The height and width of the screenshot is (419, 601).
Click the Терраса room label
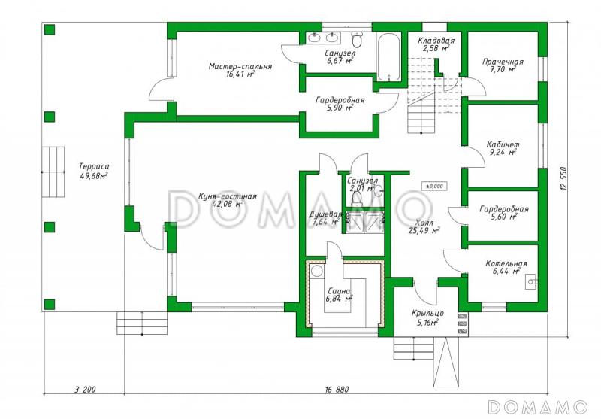(94, 166)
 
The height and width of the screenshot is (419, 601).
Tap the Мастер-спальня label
(240, 66)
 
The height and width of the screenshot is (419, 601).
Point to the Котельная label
(506, 263)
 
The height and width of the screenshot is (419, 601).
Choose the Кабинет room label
(503, 144)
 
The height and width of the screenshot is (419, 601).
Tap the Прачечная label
(503, 62)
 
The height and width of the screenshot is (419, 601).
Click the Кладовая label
(436, 41)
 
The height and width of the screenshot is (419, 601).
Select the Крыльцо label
(427, 314)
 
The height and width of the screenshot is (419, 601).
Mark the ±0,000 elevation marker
(434, 186)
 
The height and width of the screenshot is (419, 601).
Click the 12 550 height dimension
(563, 180)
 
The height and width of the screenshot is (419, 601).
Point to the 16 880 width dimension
(337, 390)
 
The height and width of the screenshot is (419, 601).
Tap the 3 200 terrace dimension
(85, 390)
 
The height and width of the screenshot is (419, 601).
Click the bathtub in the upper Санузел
(388, 56)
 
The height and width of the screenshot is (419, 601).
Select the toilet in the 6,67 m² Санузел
(357, 39)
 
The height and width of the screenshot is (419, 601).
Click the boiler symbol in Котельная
(532, 281)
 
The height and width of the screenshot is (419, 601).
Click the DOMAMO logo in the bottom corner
(538, 407)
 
